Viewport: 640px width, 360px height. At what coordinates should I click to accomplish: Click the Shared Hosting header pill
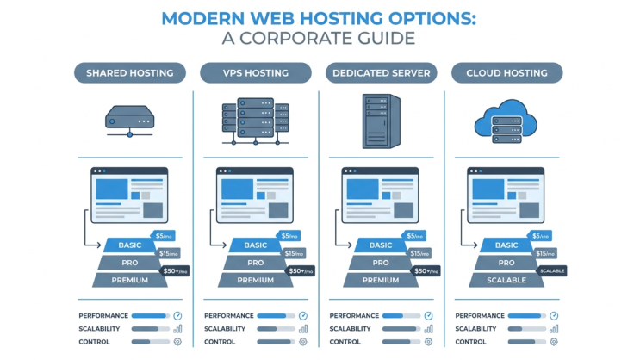(x=130, y=73)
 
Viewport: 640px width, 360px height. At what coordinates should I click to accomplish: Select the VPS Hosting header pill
(x=256, y=73)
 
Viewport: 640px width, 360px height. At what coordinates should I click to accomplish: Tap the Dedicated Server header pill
(x=382, y=73)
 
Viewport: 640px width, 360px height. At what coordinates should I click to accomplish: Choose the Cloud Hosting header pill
(x=507, y=73)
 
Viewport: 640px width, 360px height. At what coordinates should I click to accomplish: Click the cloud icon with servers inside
(x=506, y=121)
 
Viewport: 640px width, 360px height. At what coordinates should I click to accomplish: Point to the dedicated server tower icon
(x=382, y=121)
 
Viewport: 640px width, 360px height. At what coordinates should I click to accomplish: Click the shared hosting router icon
(x=130, y=121)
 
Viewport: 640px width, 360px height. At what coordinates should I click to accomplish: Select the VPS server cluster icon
(x=256, y=121)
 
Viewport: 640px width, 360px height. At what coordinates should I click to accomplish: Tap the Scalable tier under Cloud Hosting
(x=506, y=280)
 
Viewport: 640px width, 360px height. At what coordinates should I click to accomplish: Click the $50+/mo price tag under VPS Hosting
(x=301, y=271)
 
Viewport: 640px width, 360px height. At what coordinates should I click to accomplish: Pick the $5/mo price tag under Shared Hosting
(x=164, y=236)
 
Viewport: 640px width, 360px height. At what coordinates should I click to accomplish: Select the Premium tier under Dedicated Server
(x=381, y=280)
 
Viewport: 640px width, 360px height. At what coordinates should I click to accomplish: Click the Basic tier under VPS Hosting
(x=256, y=245)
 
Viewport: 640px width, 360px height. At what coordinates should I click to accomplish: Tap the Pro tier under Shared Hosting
(x=130, y=263)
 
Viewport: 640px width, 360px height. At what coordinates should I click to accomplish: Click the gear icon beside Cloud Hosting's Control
(x=554, y=342)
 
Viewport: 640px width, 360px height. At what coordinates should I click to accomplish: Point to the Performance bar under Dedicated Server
(x=401, y=316)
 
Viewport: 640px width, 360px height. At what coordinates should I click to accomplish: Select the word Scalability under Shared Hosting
(x=99, y=329)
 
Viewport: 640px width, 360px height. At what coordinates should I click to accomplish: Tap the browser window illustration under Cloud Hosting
(x=506, y=196)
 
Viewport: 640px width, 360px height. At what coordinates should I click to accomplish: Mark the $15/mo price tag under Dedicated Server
(x=419, y=253)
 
